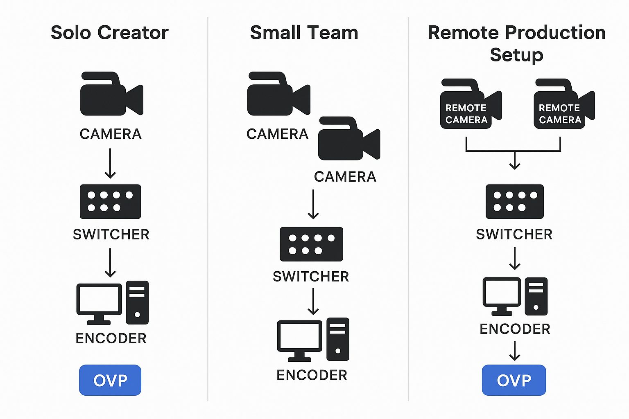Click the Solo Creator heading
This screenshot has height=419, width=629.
(109, 33)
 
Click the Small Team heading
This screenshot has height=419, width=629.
(304, 33)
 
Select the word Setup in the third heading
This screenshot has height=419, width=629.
(516, 55)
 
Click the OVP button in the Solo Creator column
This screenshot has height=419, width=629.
(110, 380)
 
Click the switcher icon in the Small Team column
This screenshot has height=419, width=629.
(311, 244)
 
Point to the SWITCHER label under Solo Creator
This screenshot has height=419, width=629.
(111, 234)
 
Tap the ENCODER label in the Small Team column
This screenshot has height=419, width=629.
(312, 375)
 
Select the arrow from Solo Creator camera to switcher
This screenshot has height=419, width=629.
(110, 163)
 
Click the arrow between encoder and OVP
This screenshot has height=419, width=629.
(515, 351)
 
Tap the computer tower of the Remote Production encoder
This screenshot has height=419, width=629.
(536, 296)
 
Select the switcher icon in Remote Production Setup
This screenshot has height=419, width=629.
(514, 202)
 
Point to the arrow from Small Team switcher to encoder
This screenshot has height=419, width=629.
(313, 302)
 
